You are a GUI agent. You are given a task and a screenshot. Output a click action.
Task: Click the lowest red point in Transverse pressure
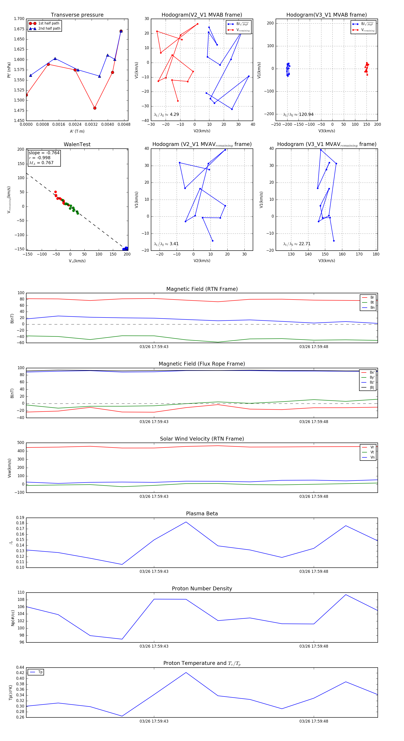(95, 108)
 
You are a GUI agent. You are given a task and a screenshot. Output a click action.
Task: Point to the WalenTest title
(77, 144)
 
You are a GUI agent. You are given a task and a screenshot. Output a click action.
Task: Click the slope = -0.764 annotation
(44, 153)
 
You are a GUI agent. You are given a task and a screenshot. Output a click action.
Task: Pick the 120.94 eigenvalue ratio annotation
(298, 115)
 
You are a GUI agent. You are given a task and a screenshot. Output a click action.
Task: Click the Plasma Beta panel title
(202, 514)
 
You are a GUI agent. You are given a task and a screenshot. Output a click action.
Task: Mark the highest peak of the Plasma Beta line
(186, 522)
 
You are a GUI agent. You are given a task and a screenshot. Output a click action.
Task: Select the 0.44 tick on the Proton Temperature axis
(20, 667)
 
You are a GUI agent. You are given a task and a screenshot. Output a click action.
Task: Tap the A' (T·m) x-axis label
(77, 131)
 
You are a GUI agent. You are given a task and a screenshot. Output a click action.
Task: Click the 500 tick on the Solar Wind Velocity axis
(21, 443)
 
